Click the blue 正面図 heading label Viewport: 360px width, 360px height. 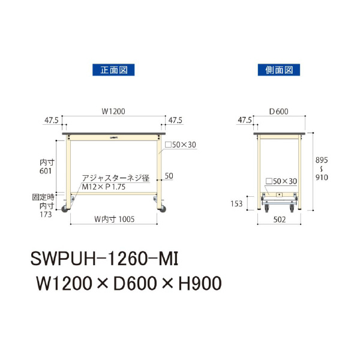pos(113,70)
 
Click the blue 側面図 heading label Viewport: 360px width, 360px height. pos(278,70)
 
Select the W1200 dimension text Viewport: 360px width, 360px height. pos(113,110)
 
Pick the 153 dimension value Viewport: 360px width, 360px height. pos(238,204)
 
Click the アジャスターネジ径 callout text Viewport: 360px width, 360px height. pos(115,178)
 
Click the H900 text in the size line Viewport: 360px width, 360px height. pos(195,281)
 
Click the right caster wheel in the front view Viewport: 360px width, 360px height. pos(161,209)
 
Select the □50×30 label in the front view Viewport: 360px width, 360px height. pos(181,145)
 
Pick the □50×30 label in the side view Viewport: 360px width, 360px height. pos(281,181)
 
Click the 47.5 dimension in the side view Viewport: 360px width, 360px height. pos(244,120)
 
